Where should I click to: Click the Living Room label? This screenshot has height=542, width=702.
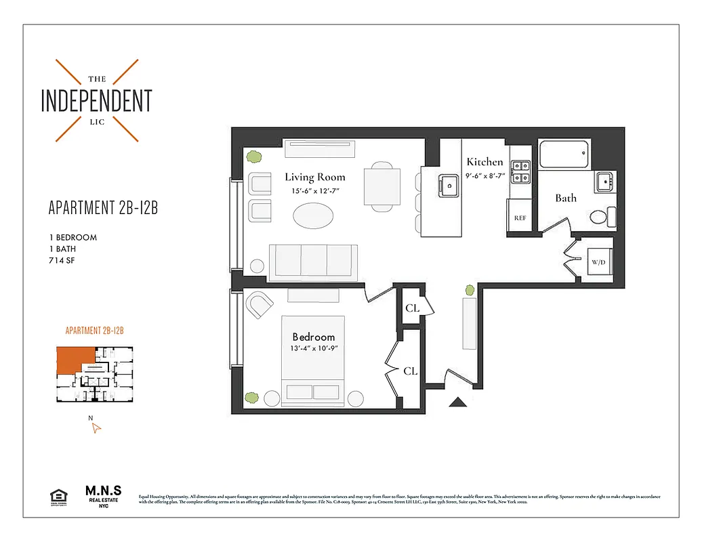pos(314,178)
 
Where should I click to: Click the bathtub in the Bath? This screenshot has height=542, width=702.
pos(564,156)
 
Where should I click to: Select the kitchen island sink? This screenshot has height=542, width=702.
pos(448,184)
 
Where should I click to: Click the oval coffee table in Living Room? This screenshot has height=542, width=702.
pos(313,217)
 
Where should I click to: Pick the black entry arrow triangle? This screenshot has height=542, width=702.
pos(459,403)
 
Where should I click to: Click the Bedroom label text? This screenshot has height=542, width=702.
pos(314,337)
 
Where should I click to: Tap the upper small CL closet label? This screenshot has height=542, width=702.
pos(412,308)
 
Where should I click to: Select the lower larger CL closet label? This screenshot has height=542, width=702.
pos(410,371)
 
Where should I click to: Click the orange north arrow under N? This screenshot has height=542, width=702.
pos(96,428)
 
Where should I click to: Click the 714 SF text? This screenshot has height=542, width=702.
pos(61,260)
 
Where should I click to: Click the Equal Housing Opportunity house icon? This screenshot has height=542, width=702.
pos(59,497)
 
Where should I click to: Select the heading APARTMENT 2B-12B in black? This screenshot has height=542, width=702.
pos(103,208)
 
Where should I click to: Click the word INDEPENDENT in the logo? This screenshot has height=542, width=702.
pos(96,100)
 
